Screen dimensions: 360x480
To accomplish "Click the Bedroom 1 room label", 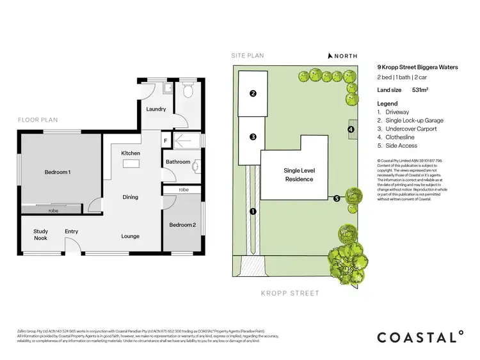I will click(x=58, y=173).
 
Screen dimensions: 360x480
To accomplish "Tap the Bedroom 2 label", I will click(x=182, y=224).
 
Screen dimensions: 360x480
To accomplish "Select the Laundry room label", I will click(x=156, y=109).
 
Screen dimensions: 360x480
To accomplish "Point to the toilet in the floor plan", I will click(x=188, y=91).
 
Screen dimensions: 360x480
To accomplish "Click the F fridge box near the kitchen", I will click(x=166, y=139).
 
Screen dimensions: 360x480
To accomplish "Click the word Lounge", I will click(x=131, y=237).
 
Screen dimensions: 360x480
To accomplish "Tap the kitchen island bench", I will click(x=131, y=164).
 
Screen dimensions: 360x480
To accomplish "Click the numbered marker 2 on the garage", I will click(x=253, y=93).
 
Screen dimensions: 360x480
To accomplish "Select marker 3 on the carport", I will click(x=253, y=137).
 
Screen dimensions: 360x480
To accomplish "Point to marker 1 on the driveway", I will click(x=253, y=211).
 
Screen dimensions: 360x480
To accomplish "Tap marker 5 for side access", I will click(x=337, y=199).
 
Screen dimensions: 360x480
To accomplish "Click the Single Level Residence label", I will click(x=298, y=175).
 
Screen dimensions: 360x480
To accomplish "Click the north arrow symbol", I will click(x=330, y=56).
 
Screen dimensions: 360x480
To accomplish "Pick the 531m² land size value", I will click(x=420, y=90).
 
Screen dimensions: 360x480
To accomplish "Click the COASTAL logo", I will click(x=419, y=337).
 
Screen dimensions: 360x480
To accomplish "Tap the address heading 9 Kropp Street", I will click(x=417, y=67).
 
